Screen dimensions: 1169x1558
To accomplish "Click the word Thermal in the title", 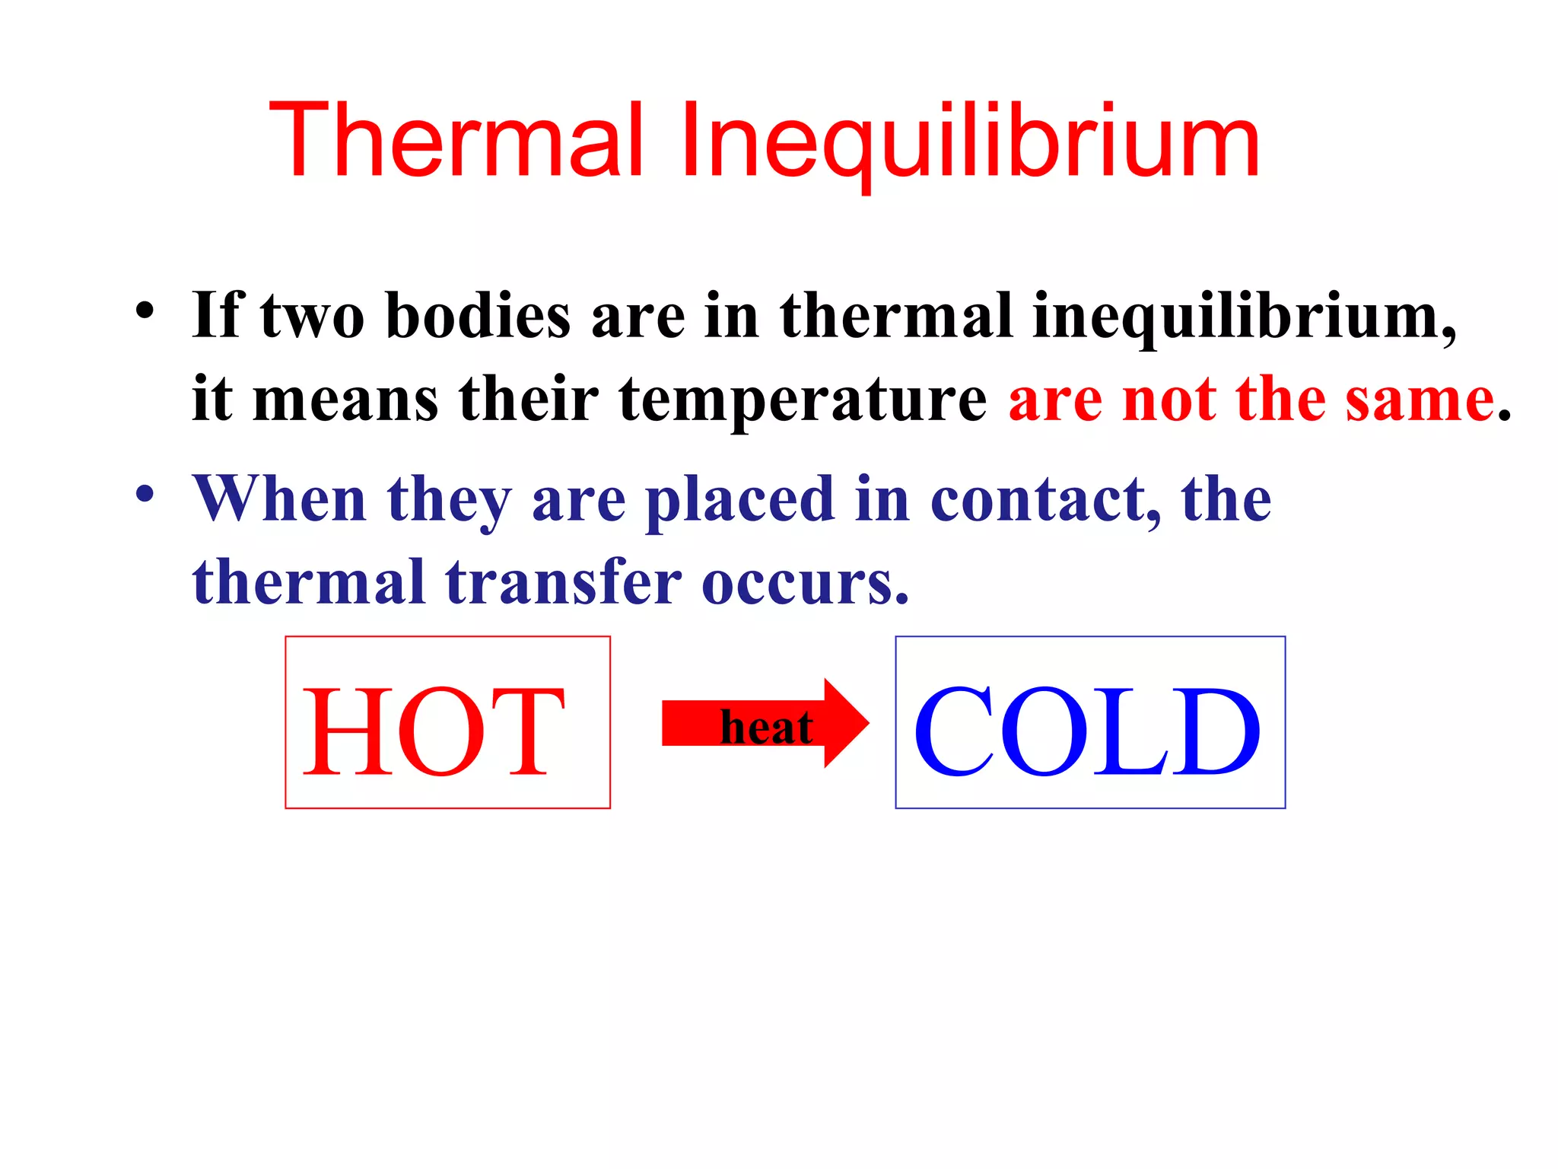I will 456,141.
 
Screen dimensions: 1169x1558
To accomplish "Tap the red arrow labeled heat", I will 844,723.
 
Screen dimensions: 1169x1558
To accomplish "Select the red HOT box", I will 447,722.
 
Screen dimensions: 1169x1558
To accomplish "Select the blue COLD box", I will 1089,722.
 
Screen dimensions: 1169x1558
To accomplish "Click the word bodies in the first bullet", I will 478,315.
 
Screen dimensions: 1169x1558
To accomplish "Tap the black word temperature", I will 803,399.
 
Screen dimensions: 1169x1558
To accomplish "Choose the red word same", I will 1420,399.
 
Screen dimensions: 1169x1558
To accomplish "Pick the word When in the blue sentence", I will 279,499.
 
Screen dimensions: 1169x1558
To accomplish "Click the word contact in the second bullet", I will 1046,499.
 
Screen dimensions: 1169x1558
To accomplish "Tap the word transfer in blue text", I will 563,583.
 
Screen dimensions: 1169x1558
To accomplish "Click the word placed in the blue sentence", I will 739,501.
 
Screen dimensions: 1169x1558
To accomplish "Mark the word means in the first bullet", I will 345,399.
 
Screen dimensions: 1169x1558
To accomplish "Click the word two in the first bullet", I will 312,315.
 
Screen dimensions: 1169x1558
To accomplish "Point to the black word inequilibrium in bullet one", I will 1244,317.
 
